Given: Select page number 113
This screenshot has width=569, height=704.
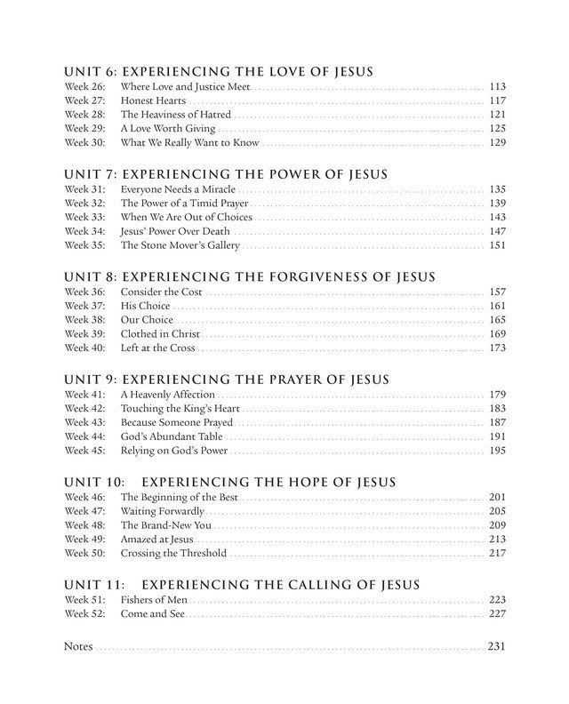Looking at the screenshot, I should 497,87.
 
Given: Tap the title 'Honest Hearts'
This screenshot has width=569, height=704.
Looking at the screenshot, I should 153,101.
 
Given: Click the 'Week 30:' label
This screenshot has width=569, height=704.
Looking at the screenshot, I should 84,143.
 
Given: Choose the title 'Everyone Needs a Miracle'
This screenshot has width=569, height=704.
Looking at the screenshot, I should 178,189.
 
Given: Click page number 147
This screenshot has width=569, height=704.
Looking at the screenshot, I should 497,231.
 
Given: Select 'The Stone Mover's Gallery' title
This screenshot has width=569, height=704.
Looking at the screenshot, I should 180,245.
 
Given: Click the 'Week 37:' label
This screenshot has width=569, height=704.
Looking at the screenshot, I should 84,306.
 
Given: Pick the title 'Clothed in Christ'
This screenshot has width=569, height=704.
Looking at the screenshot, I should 160,334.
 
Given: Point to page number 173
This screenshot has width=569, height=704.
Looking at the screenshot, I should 497,348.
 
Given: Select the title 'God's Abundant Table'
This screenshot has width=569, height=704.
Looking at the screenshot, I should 172,436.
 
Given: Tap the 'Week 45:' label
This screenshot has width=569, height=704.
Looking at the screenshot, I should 84,451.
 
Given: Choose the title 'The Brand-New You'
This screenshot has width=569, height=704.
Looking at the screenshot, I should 165,525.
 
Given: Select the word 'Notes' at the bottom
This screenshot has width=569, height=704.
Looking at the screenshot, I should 78,645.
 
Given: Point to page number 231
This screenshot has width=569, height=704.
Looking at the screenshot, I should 496,645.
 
